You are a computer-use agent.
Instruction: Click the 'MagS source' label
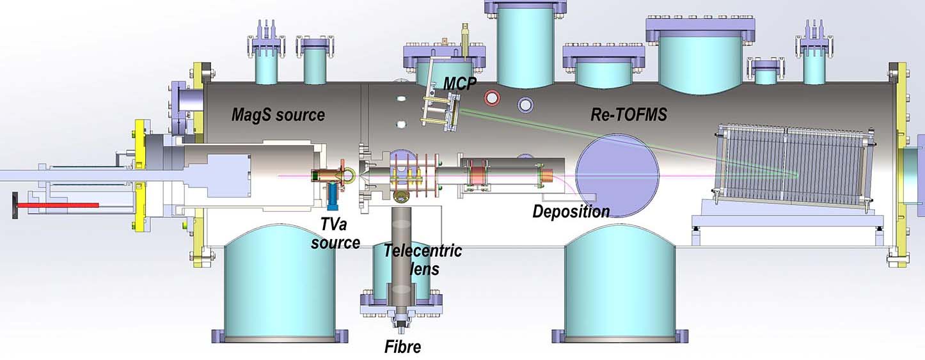click(278, 116)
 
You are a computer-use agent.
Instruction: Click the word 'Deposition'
click(571, 212)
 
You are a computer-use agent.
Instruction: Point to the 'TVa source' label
click(336, 233)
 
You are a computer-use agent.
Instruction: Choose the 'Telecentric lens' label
click(422, 259)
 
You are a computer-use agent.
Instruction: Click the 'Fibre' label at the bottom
click(403, 347)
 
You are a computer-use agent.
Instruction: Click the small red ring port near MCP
click(493, 98)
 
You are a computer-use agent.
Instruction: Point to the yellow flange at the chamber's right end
click(901, 160)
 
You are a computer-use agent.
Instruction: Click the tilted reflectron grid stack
click(793, 166)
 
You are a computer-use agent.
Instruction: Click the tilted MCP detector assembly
click(441, 111)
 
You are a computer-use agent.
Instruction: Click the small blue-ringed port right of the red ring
click(526, 104)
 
